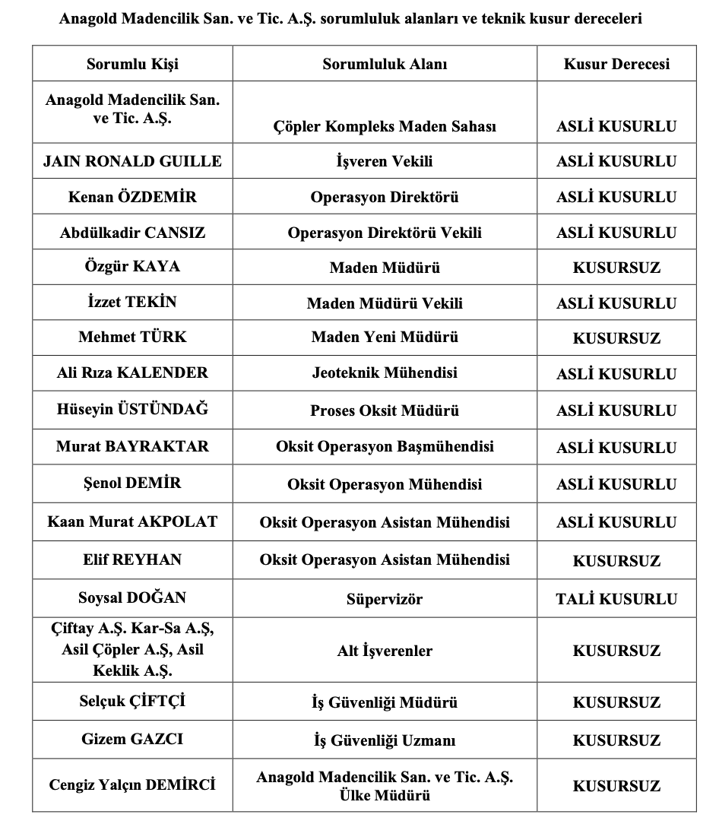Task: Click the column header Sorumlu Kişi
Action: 133,64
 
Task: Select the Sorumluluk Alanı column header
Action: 385,64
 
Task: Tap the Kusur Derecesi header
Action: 616,64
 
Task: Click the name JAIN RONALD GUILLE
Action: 133,161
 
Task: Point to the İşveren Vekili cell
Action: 385,161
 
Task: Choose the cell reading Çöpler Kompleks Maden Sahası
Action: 385,126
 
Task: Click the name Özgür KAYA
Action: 133,267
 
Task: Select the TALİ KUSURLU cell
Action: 616,599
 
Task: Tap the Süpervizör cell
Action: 385,599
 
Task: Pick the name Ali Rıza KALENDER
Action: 133,373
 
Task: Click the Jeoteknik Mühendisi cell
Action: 385,373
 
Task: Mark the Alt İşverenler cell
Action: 385,651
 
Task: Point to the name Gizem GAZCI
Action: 133,739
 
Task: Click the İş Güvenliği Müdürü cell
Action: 385,702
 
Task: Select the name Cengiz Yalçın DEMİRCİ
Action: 133,784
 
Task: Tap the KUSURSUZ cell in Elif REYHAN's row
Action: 616,561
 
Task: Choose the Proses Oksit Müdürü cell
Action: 385,410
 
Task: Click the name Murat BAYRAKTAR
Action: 133,446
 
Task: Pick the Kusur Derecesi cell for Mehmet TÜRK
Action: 616,338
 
